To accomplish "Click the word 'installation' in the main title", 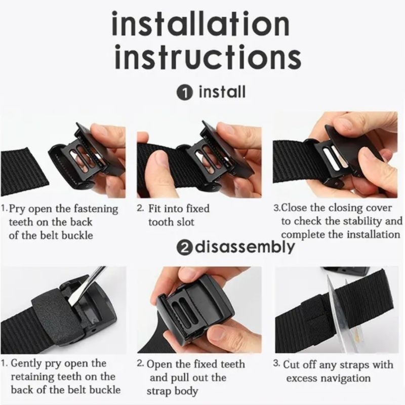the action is [x=200, y=23].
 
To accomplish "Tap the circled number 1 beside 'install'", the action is [x=185, y=93].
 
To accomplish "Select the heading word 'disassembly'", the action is [x=245, y=247].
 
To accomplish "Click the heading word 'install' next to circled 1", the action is [x=222, y=92].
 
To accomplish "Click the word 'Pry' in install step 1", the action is [x=17, y=209].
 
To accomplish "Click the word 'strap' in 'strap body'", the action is [x=157, y=391].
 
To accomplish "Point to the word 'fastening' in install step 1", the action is [x=96, y=209].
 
